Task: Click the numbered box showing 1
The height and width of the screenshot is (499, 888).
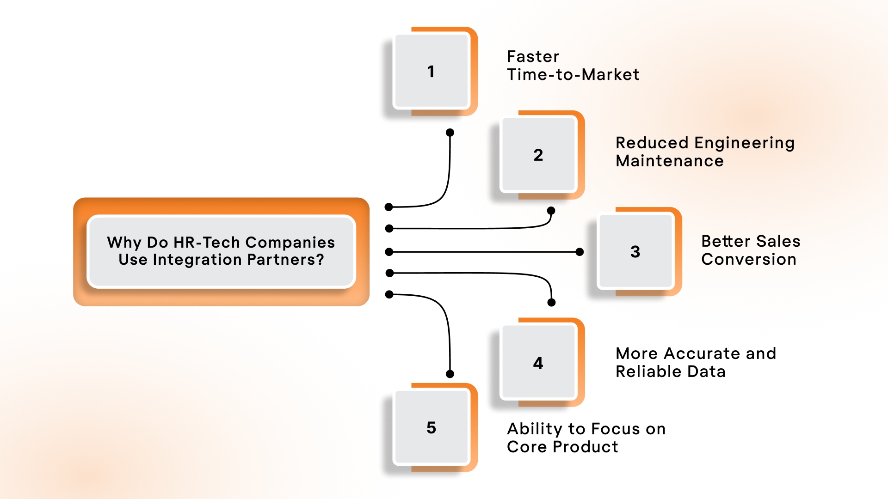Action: tap(431, 71)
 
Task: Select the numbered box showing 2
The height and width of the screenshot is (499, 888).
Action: tap(538, 155)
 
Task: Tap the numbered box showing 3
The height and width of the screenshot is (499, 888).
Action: tap(635, 251)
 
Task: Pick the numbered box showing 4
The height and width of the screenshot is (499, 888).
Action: tap(538, 363)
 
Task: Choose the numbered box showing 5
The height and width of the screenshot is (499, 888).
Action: tap(431, 427)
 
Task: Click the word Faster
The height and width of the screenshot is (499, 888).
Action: tap(533, 56)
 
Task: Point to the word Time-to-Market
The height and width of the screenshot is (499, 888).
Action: tap(573, 74)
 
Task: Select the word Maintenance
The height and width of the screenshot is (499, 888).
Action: tap(669, 161)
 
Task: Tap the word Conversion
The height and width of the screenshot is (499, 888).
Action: tap(748, 259)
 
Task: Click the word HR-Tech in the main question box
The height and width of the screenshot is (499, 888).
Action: tap(206, 242)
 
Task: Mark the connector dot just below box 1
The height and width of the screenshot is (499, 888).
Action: tap(450, 133)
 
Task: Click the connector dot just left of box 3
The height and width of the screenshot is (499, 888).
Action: tap(580, 252)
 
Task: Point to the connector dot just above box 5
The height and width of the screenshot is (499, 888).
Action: tap(450, 374)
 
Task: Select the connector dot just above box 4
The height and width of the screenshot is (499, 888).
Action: tap(551, 303)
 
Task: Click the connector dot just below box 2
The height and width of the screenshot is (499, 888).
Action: tap(551, 211)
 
